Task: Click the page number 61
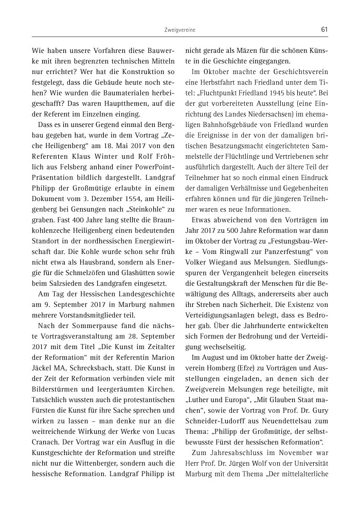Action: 324,29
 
